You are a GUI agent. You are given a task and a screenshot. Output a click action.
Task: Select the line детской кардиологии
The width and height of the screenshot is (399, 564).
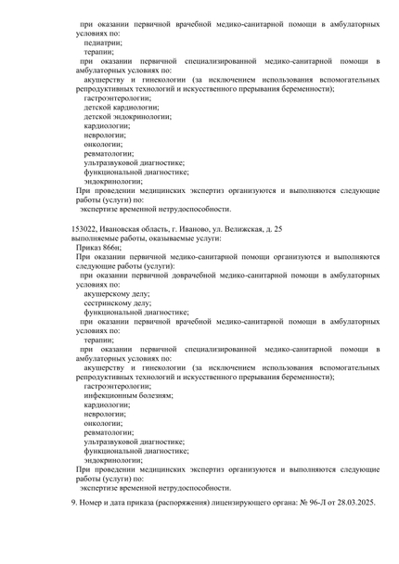pos(121,108)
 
